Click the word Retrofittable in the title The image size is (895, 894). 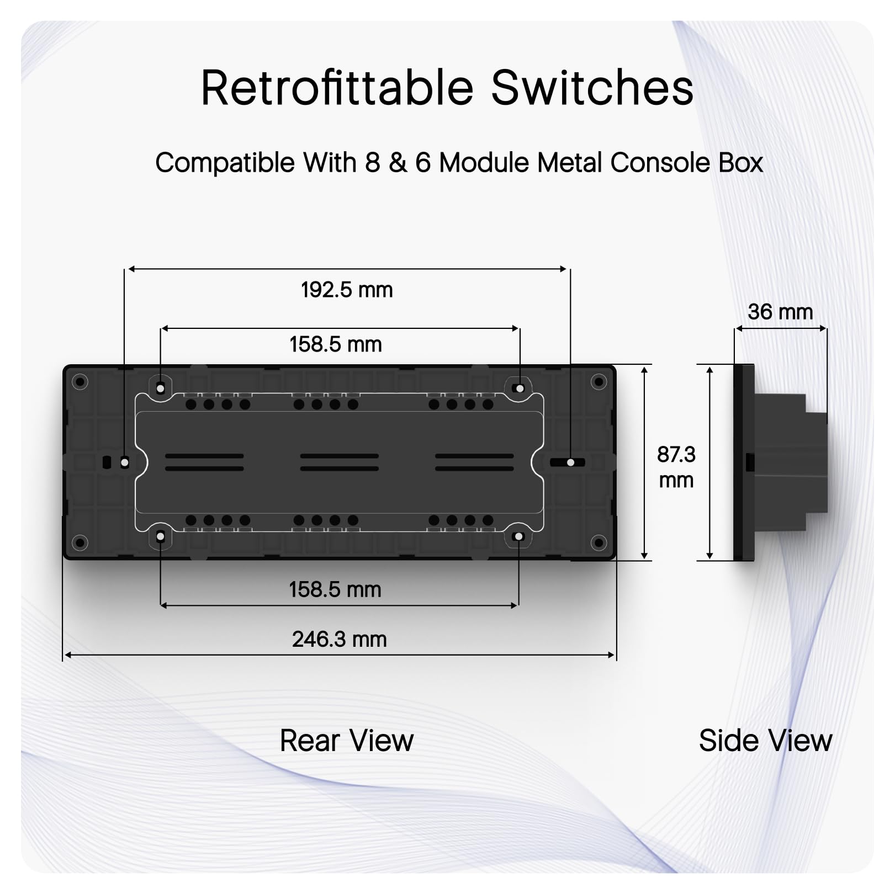click(337, 88)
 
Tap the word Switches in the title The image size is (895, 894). click(591, 88)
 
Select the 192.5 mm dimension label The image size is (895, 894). click(347, 290)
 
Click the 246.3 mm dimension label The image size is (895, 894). click(339, 639)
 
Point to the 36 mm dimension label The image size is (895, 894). click(780, 312)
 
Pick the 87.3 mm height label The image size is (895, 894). click(676, 467)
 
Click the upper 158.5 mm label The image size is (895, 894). click(335, 344)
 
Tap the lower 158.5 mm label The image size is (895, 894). click(335, 589)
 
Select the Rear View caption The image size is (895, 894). click(346, 741)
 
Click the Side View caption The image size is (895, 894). click(765, 741)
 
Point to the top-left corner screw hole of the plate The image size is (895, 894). click(80, 381)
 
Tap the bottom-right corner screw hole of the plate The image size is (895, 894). click(599, 542)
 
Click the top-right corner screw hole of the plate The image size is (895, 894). click(599, 381)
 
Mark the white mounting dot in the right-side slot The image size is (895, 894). click(571, 462)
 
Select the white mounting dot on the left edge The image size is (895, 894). click(125, 462)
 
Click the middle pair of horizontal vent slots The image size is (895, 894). click(339, 462)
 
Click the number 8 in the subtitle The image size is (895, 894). click(373, 163)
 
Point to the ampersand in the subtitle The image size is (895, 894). click(398, 163)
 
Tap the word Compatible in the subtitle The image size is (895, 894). click(225, 163)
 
